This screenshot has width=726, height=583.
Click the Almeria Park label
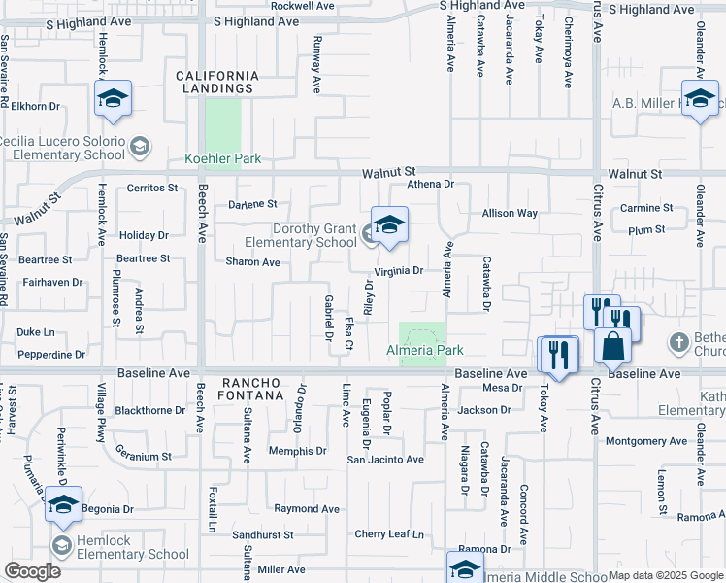pyautogui.click(x=425, y=350)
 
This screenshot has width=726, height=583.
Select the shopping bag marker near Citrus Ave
pyautogui.click(x=614, y=346)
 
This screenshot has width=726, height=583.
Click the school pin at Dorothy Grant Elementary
pyautogui.click(x=389, y=225)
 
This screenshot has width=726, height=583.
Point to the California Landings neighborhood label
pyautogui.click(x=217, y=82)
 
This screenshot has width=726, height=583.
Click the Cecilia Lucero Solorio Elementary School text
pyautogui.click(x=63, y=148)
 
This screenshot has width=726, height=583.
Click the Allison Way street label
pyautogui.click(x=510, y=213)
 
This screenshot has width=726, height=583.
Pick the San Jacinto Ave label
pyautogui.click(x=386, y=460)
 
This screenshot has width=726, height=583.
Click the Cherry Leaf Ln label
pyautogui.click(x=389, y=534)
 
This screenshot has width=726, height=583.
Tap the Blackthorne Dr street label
pyautogui.click(x=148, y=410)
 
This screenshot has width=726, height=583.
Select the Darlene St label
pyautogui.click(x=252, y=205)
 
